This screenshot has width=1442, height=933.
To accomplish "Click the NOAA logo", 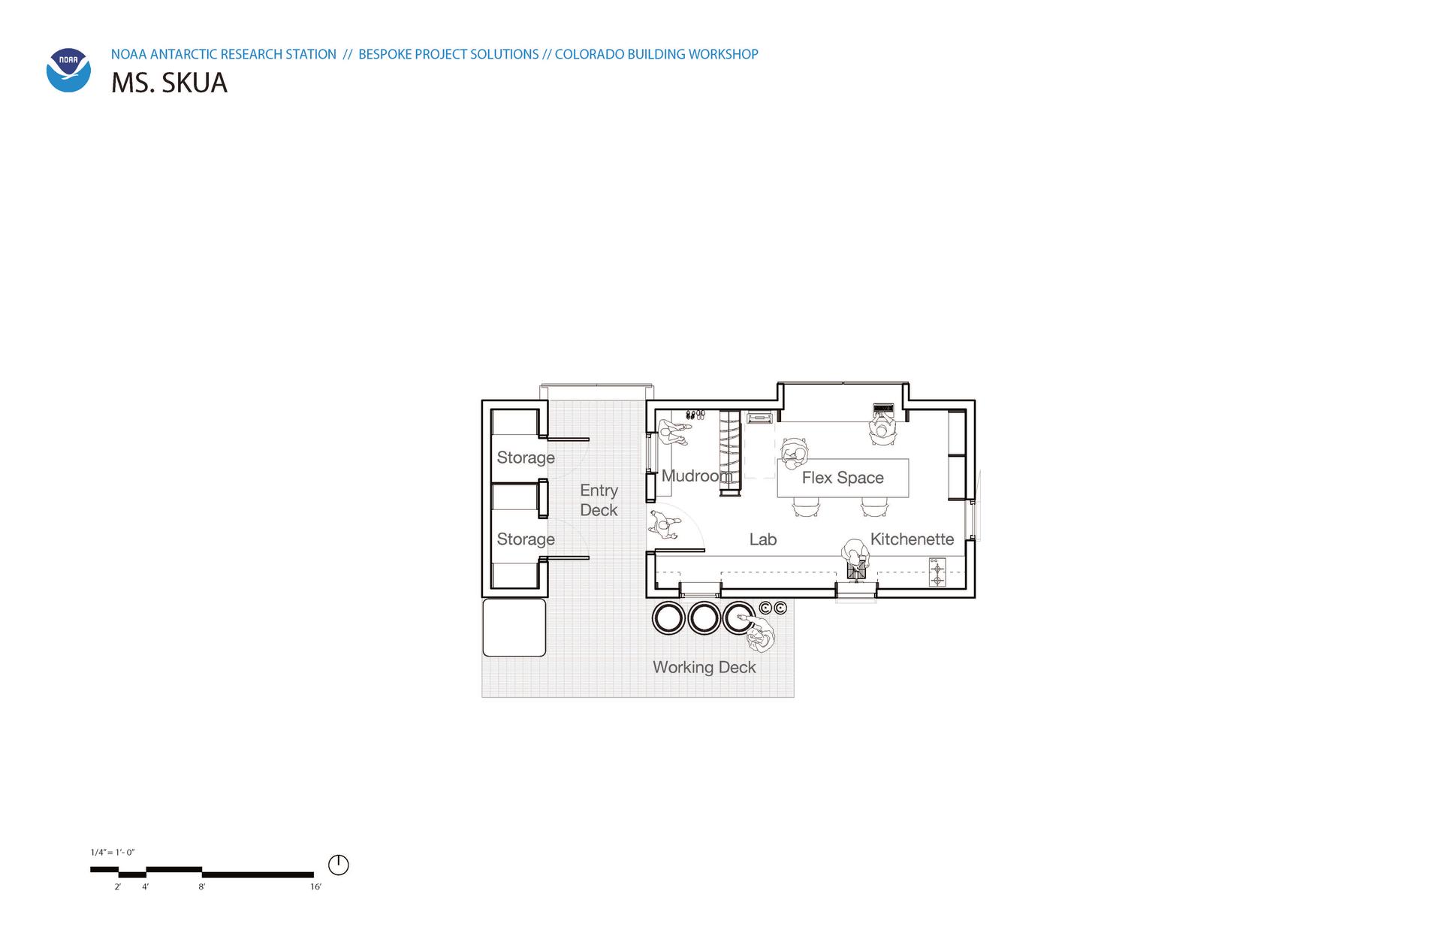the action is [x=68, y=71].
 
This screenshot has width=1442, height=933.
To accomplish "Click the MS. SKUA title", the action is [x=169, y=83].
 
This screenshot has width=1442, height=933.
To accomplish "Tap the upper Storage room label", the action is [x=526, y=457].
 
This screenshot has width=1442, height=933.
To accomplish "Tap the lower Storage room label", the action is [x=526, y=539].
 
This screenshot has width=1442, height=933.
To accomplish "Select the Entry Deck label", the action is [x=599, y=500].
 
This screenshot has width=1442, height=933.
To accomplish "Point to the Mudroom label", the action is [x=696, y=476].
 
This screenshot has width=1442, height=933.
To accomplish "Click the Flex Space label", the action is [x=843, y=478].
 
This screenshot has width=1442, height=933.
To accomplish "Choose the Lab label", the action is [x=763, y=539].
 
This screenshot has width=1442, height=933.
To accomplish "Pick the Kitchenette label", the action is [x=912, y=539].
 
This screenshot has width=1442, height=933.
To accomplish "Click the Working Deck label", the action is [x=704, y=667].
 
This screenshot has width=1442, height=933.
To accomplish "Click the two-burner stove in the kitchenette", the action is [x=937, y=572].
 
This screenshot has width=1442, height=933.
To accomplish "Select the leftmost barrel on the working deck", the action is [x=668, y=618].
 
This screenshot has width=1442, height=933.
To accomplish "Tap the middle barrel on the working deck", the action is [x=704, y=618].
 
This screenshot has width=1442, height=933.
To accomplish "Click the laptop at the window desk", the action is [x=883, y=409].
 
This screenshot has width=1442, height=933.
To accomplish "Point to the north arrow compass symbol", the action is [x=339, y=865].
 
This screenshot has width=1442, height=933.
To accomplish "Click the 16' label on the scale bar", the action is [x=316, y=887].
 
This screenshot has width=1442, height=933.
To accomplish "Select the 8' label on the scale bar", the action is [x=202, y=887].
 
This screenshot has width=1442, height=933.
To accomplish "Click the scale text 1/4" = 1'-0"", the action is [x=113, y=853].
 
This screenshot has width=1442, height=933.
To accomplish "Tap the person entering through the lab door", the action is [x=663, y=524].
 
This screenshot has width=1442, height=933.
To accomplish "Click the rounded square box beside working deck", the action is [x=514, y=627].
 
